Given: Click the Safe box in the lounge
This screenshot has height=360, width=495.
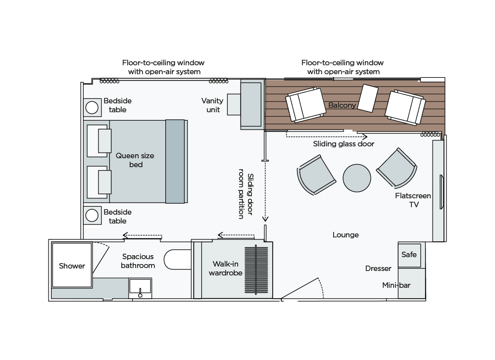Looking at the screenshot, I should [409, 255].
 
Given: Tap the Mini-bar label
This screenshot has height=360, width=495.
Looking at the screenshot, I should [396, 285].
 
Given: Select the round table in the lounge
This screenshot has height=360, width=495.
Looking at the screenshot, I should [357, 178].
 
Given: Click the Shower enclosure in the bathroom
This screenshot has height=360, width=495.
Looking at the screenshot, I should [72, 265].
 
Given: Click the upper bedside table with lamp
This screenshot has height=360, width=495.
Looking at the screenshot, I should [92, 106].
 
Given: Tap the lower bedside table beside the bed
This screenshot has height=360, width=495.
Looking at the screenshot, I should [92, 215].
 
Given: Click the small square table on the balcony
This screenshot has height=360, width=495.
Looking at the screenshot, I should [368, 98].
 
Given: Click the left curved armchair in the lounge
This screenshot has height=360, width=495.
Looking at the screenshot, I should [315, 176].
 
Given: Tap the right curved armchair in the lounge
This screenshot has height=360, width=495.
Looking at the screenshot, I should [396, 169].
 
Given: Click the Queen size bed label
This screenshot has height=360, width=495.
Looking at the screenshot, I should [135, 160].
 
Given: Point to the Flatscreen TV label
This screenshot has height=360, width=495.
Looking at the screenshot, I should [413, 200].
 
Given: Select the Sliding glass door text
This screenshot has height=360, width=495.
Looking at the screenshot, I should [344, 144].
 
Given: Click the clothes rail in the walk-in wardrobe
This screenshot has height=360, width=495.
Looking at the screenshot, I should [256, 270].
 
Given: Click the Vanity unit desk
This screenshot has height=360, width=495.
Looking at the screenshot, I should [251, 105].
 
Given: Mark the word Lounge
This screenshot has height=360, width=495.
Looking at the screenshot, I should [346, 235].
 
